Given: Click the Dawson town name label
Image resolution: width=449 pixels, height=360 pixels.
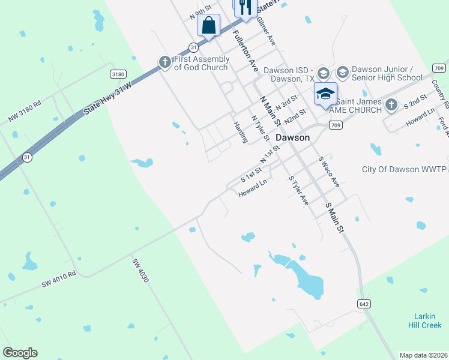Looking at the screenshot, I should [x=292, y=137].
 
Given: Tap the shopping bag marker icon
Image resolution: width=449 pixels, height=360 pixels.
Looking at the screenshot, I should [x=208, y=26].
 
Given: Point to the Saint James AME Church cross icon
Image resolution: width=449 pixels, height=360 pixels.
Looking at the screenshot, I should [x=391, y=105].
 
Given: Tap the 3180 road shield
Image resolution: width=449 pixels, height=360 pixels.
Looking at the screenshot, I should [x=118, y=74].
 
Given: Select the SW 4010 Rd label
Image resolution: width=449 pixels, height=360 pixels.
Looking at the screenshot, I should [x=59, y=279].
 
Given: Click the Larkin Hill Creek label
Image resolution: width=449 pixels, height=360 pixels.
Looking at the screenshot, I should [x=428, y=320].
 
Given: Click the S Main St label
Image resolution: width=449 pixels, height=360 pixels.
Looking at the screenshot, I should [x=334, y=218].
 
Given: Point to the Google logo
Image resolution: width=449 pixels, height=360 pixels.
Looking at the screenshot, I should [x=20, y=353].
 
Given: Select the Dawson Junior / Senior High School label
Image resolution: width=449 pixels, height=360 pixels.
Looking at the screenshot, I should [x=387, y=73].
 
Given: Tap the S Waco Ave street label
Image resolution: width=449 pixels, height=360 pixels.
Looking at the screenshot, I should [x=328, y=172].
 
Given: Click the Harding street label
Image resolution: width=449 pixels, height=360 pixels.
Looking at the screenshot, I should [x=240, y=131].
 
